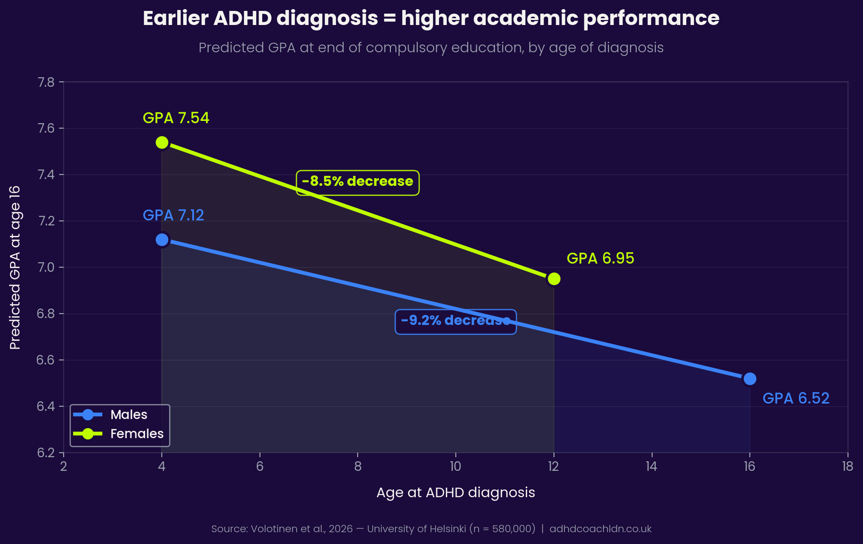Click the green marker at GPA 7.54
coord(162,143)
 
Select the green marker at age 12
coord(554,279)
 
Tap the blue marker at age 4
coord(162,240)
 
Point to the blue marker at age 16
coord(749,379)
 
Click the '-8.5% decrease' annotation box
coord(358,182)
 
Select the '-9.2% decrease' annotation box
coord(455,321)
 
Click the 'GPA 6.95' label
coord(600,259)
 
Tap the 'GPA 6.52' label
coord(796,399)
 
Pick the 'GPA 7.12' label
coord(173,215)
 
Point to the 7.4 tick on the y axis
coord(45,175)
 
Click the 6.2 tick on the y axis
coord(45,453)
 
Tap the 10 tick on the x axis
coord(455,466)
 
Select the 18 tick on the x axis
coord(847,466)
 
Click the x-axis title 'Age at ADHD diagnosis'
coord(455,493)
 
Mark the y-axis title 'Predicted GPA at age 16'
coord(15,267)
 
